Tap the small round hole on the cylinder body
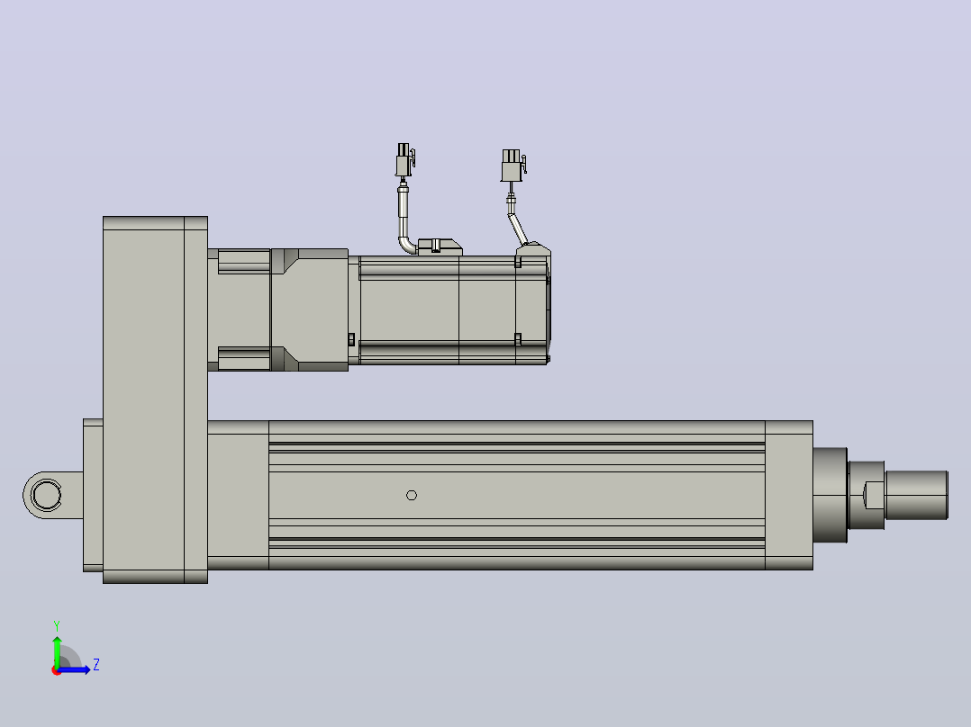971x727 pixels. click(x=411, y=495)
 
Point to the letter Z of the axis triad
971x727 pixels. click(x=96, y=665)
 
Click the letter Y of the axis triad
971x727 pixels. click(x=57, y=625)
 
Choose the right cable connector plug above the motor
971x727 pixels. click(x=513, y=166)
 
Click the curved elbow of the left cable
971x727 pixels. click(x=407, y=244)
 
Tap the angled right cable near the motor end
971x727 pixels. click(x=518, y=229)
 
